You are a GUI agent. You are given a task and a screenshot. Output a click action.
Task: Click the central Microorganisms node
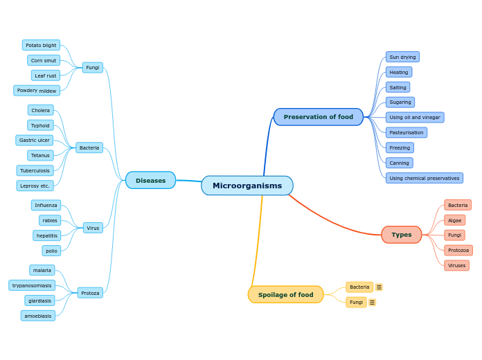[247, 186]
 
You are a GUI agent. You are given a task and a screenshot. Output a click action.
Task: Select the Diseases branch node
[150, 180]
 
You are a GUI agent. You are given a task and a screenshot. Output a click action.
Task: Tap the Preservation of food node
[318, 117]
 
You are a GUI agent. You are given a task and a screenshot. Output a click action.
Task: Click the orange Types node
[401, 235]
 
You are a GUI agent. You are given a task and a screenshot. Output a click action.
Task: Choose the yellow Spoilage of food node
[285, 294]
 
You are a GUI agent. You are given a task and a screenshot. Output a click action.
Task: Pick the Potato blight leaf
[41, 45]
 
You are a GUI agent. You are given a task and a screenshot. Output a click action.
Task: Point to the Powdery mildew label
[37, 91]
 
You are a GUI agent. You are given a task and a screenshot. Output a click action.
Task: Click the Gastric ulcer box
[34, 140]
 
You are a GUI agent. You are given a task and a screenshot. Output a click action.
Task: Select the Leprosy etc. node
[35, 186]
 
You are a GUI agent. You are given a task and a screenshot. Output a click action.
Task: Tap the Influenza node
[46, 205]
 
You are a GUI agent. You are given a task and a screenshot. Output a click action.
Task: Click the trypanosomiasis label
[32, 285]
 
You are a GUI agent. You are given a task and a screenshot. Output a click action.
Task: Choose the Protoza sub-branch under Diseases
[90, 293]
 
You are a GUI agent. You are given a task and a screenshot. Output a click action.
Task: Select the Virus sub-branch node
[93, 228]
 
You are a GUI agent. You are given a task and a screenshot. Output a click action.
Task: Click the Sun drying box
[402, 57]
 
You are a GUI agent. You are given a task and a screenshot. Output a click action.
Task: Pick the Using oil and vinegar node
[414, 118]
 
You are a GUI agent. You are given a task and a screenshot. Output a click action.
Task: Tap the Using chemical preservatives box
[424, 178]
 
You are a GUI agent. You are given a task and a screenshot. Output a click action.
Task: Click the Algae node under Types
[454, 220]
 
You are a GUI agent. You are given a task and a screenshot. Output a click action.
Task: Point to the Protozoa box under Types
[458, 250]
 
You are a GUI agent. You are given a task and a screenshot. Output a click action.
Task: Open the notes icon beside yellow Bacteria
[379, 287]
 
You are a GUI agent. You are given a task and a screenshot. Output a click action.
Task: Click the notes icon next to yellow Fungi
[372, 303]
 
